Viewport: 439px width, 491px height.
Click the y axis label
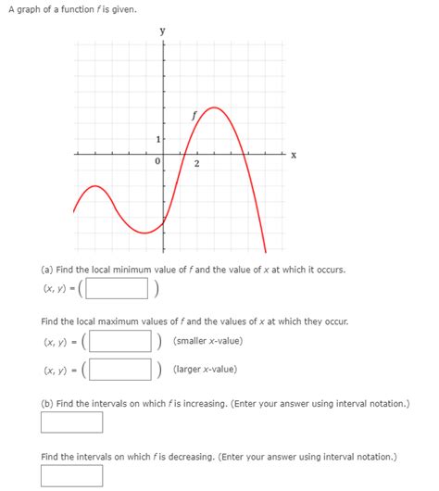pos(164,31)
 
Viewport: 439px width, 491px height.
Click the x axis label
pos(295,155)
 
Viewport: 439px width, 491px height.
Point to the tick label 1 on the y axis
pos(158,139)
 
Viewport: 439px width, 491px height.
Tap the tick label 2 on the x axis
pos(196,165)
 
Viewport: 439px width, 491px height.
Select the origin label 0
pos(157,162)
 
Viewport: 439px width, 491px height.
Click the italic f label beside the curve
pos(194,117)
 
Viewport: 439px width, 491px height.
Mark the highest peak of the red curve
pos(215,108)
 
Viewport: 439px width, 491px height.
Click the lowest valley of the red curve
pos(144,233)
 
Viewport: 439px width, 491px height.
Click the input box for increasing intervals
pos(72,422)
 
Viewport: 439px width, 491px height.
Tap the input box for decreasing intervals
pos(72,475)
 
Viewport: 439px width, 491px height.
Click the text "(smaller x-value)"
pos(207,341)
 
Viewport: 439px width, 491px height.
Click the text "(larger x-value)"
pos(205,370)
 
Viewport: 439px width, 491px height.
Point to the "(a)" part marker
pos(47,270)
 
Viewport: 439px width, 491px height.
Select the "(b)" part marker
pos(47,405)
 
